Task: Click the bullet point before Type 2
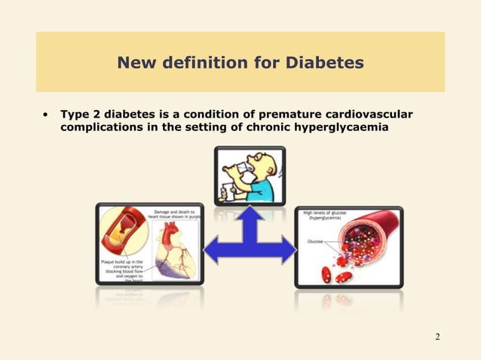pyautogui.click(x=46, y=115)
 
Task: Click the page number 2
pyautogui.click(x=437, y=335)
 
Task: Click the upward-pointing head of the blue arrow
pyautogui.click(x=248, y=215)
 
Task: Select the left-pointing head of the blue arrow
pyautogui.click(x=213, y=249)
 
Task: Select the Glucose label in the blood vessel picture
pyautogui.click(x=316, y=242)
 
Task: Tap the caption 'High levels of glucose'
pyautogui.click(x=329, y=213)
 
